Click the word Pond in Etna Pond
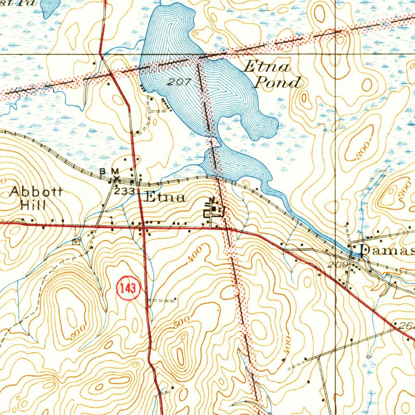(x=277, y=83)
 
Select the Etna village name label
(x=165, y=197)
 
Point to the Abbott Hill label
(x=36, y=198)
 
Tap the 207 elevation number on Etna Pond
(x=179, y=81)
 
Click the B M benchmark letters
(x=109, y=171)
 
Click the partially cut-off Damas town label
(x=387, y=250)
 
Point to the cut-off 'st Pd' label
(x=18, y=2)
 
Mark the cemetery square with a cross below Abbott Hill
(x=76, y=242)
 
